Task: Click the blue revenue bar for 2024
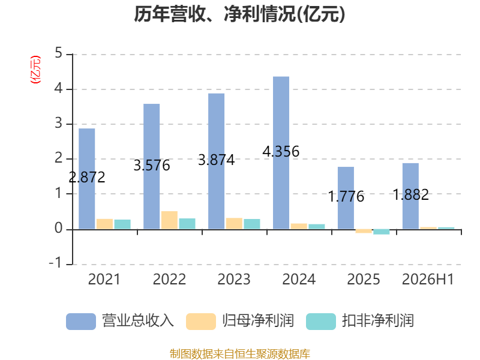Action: click(x=281, y=153)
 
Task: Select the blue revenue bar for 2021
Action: click(x=86, y=178)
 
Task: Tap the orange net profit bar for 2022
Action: click(x=169, y=220)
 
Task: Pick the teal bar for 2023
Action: click(x=252, y=224)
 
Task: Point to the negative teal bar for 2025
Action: click(x=382, y=232)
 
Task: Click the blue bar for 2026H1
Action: click(x=410, y=196)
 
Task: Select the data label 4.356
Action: click(x=281, y=152)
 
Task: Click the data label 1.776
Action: click(x=346, y=197)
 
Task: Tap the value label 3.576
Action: click(x=152, y=166)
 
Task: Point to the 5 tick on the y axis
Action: click(x=58, y=53)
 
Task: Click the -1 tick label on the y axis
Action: click(x=56, y=263)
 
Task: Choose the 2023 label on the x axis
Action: click(x=234, y=279)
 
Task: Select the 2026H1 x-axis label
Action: click(x=428, y=279)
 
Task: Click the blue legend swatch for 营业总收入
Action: click(x=81, y=322)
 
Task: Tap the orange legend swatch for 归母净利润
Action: click(x=201, y=322)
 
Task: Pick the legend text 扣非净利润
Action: click(x=378, y=321)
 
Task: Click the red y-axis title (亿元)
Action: click(x=35, y=70)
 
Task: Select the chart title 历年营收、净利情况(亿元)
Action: click(x=239, y=14)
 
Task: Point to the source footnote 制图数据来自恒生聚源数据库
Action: click(x=239, y=353)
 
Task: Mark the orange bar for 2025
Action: click(x=364, y=231)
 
